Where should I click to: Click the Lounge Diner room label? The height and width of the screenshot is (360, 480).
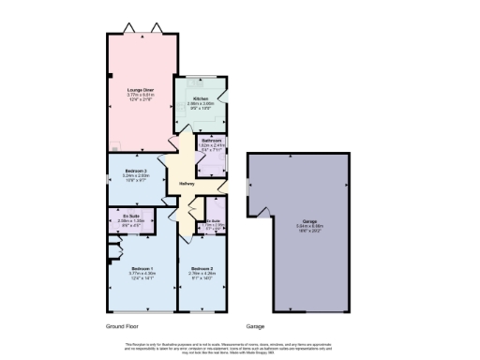click(141, 89)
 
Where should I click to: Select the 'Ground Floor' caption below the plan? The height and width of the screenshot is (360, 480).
click(123, 326)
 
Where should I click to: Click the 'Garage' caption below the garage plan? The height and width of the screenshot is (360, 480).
click(256, 326)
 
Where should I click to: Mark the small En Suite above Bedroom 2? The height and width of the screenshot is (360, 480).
click(213, 220)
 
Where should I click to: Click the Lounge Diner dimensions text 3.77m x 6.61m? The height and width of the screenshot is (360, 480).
click(141, 94)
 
